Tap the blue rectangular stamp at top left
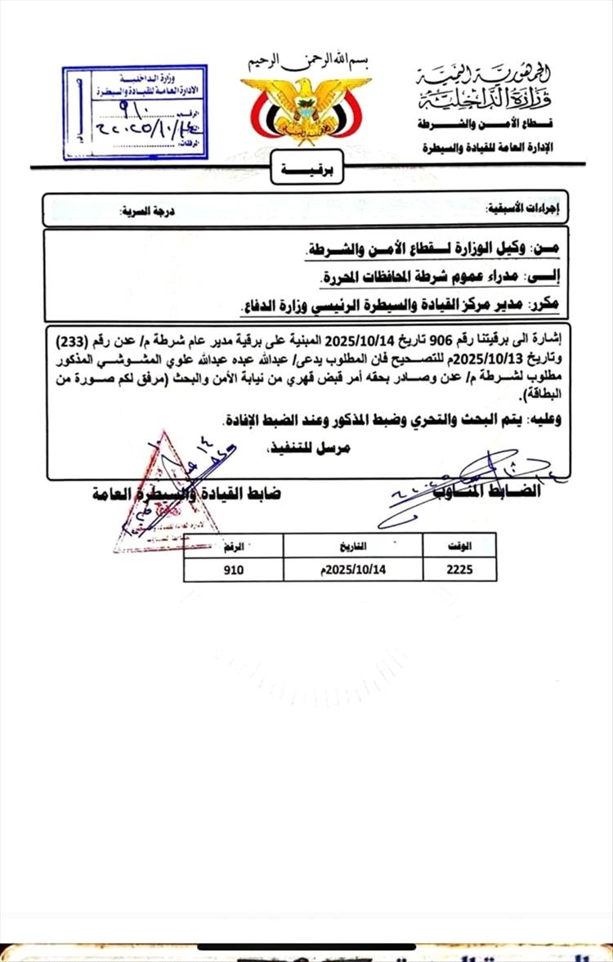pos(135,112)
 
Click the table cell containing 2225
pos(459,570)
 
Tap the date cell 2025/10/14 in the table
pos(353,570)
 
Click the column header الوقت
pos(459,545)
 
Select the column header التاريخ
pos(353,545)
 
